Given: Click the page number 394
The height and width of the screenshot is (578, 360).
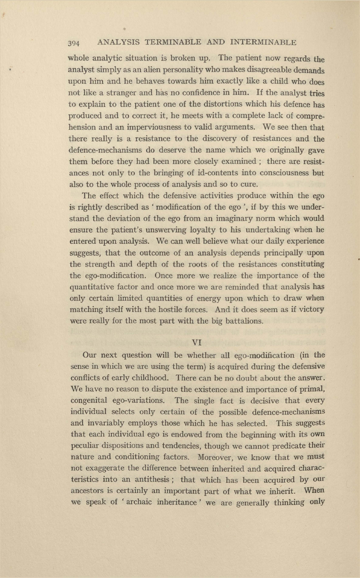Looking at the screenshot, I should (x=74, y=43).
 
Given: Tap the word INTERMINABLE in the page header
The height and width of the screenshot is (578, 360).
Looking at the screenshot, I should (x=263, y=43).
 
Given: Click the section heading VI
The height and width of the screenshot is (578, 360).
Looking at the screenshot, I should (x=197, y=342).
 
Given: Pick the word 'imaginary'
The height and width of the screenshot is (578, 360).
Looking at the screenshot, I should (x=213, y=218).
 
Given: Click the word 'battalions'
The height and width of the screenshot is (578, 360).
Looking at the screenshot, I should (x=245, y=321).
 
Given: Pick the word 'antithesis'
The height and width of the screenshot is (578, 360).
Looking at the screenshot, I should (x=152, y=480).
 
